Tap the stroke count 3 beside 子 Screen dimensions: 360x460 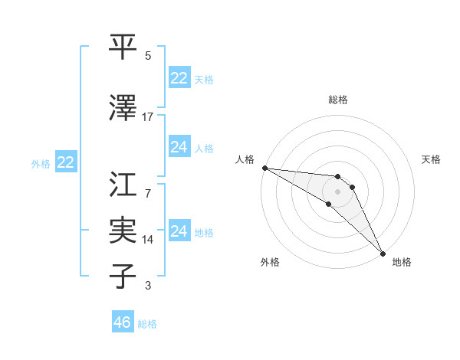click(147, 286)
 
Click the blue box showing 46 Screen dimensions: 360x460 click(122, 322)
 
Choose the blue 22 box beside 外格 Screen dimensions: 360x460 click(65, 162)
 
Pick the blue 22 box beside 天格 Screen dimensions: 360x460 click(179, 78)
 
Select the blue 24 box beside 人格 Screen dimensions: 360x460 click(179, 147)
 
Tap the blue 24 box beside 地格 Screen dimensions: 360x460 click(179, 231)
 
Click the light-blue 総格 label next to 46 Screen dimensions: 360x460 click(147, 324)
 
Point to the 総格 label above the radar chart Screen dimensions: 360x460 click(338, 100)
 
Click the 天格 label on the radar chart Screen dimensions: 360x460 click(432, 159)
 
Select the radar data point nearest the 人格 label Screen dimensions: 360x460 click(264, 168)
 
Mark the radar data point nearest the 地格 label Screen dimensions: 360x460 click(383, 253)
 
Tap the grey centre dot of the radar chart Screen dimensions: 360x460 click(338, 191)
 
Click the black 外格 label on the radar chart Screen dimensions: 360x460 click(270, 262)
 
